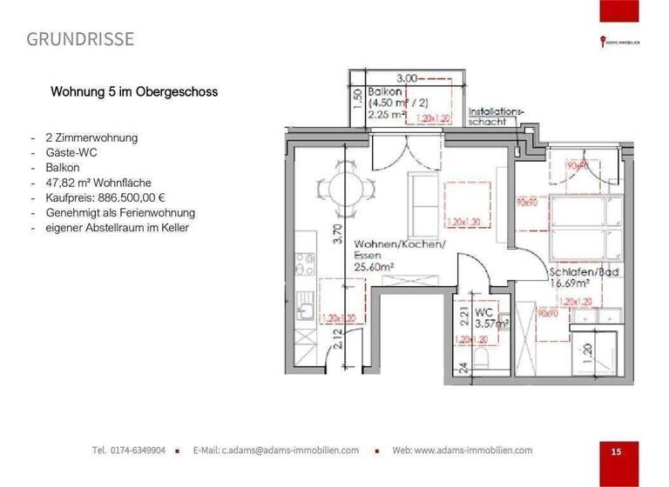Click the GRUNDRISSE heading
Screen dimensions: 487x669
tap(80, 39)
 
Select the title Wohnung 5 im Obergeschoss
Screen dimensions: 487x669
tap(134, 90)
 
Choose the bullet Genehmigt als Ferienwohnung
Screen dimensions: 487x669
tap(120, 212)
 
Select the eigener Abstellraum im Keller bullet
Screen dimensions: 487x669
tap(117, 228)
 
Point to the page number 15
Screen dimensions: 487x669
tap(616, 451)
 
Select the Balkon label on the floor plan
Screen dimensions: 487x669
tap(384, 91)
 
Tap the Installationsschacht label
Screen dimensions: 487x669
tap(497, 117)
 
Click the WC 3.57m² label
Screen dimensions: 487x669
tap(489, 317)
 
